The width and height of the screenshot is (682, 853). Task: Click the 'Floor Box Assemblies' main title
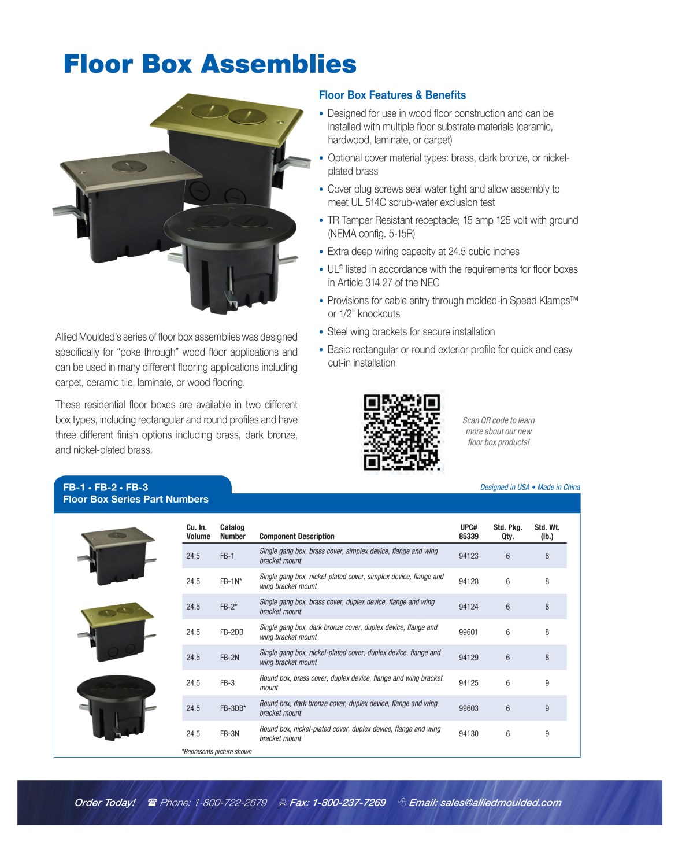click(x=210, y=64)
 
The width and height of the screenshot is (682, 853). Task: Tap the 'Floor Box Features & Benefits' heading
click(x=392, y=95)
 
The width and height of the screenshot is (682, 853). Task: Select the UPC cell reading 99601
click(x=468, y=632)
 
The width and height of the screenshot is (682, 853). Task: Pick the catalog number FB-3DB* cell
click(x=233, y=708)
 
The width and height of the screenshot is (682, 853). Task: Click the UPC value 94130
click(x=468, y=733)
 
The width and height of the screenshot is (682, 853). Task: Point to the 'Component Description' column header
click(x=297, y=536)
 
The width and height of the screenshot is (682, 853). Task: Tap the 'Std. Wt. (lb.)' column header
click(x=547, y=531)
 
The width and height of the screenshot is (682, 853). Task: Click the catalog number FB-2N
click(x=229, y=657)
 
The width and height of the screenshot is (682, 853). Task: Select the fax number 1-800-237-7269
click(x=349, y=802)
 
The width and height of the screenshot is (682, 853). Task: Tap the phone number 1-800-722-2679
click(x=230, y=802)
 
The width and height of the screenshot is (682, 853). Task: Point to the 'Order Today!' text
click(x=105, y=802)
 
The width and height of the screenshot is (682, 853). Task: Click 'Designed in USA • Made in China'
click(x=530, y=487)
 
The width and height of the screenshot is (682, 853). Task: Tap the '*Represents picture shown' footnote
click(x=216, y=752)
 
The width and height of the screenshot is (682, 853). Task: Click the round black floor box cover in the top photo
click(x=230, y=224)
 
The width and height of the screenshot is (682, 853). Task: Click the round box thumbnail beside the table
click(x=117, y=707)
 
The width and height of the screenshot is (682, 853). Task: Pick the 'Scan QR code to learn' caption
click(x=499, y=420)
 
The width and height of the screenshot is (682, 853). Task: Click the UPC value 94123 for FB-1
click(x=468, y=556)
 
